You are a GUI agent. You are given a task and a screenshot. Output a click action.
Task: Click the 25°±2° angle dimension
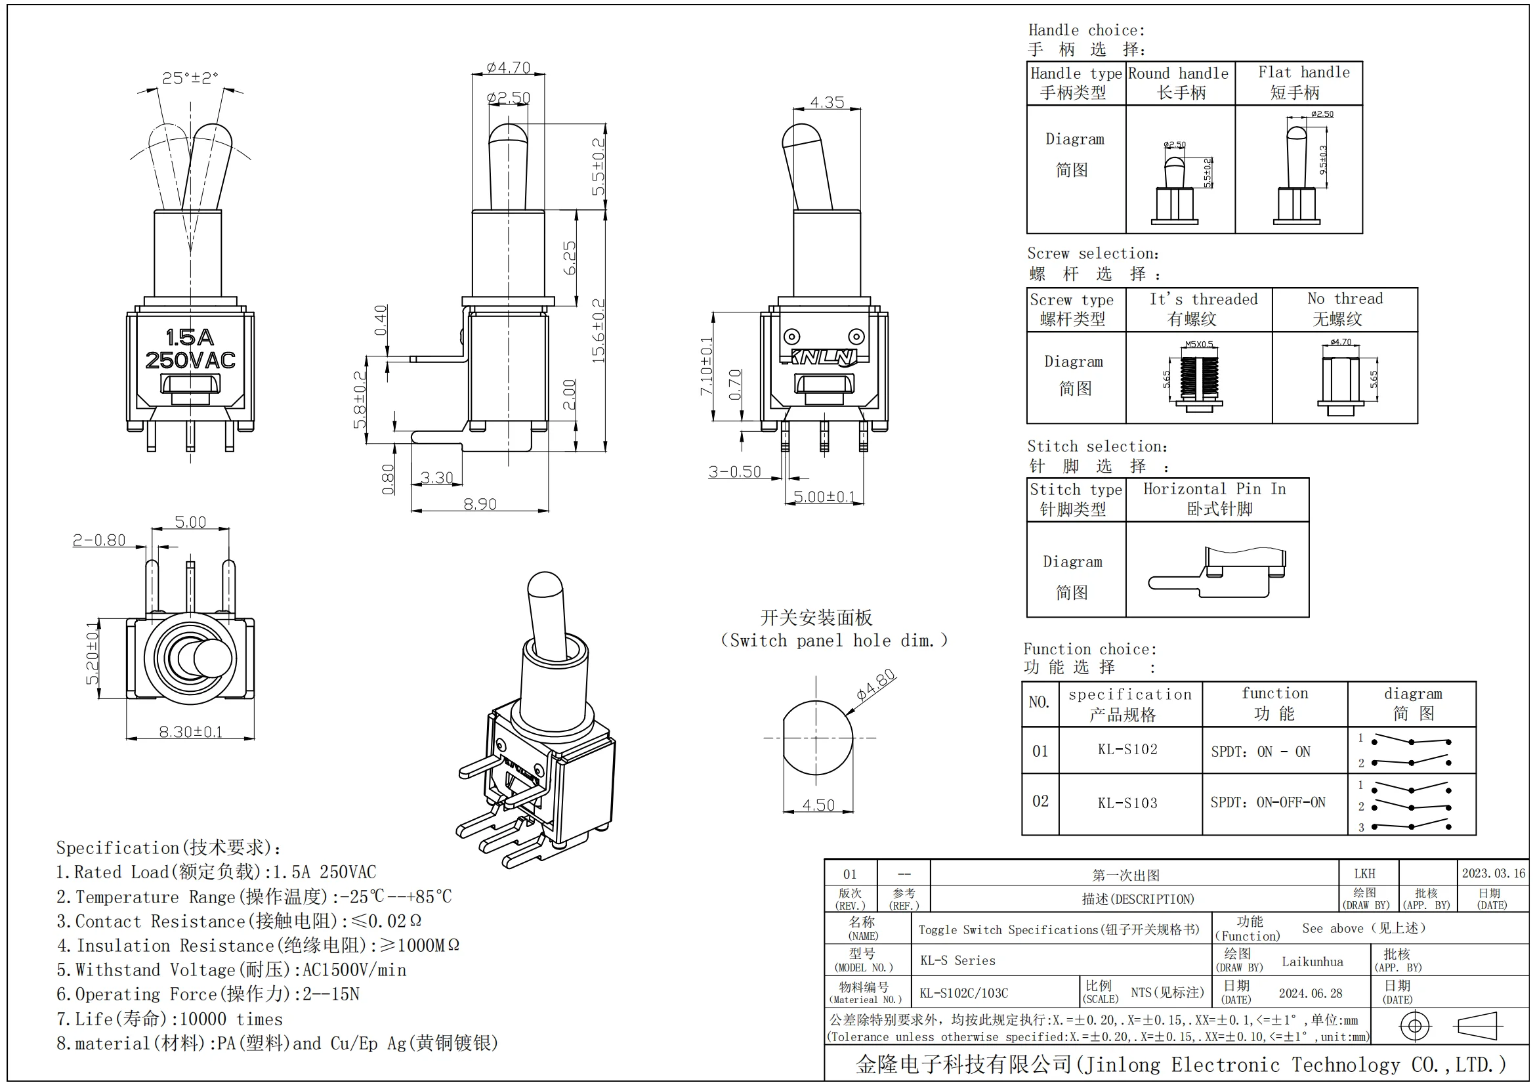(x=190, y=78)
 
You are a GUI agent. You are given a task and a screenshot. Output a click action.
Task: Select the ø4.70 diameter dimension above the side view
(x=508, y=68)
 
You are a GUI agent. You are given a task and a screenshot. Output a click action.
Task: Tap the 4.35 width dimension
(x=827, y=102)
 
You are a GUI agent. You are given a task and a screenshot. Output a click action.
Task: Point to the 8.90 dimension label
(x=480, y=504)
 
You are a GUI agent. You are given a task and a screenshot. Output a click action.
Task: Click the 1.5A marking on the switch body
(x=190, y=337)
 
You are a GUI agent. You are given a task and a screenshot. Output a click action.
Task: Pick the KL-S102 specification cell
(x=1127, y=750)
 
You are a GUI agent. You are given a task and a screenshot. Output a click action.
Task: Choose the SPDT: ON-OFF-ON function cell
(x=1268, y=802)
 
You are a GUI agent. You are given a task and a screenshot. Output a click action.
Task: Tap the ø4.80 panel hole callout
(x=876, y=685)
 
